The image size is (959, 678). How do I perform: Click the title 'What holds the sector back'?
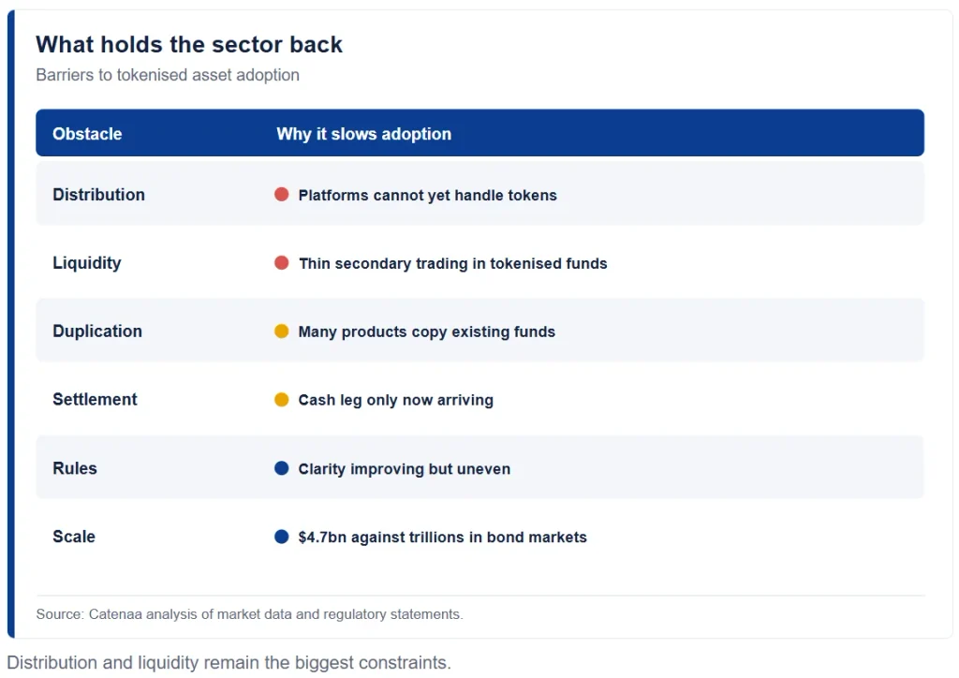pos(189,45)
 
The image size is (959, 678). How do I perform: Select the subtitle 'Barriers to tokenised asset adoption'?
pos(168,75)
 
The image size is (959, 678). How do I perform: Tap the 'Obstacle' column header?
pos(87,134)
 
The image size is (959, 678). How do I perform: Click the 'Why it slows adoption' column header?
pos(364,134)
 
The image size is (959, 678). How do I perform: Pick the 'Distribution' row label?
pos(98,195)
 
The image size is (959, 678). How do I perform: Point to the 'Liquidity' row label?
pos(87,263)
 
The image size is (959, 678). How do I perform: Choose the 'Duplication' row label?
pos(97,331)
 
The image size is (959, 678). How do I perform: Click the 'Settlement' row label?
pos(95,399)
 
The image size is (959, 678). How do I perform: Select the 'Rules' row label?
pos(75,468)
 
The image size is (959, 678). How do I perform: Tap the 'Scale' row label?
pos(74,537)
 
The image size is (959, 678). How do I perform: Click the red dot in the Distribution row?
pos(281,195)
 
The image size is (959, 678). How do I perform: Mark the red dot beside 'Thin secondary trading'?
pos(281,263)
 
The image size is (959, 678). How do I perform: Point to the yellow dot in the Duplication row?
pos(281,331)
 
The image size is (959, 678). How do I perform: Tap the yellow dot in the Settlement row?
pos(281,399)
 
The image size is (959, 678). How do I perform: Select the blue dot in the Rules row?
pos(281,468)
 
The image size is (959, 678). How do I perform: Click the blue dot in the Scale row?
pos(281,537)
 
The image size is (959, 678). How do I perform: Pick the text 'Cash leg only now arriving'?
pos(396,400)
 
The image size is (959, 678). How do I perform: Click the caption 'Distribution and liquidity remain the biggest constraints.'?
pos(229,663)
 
